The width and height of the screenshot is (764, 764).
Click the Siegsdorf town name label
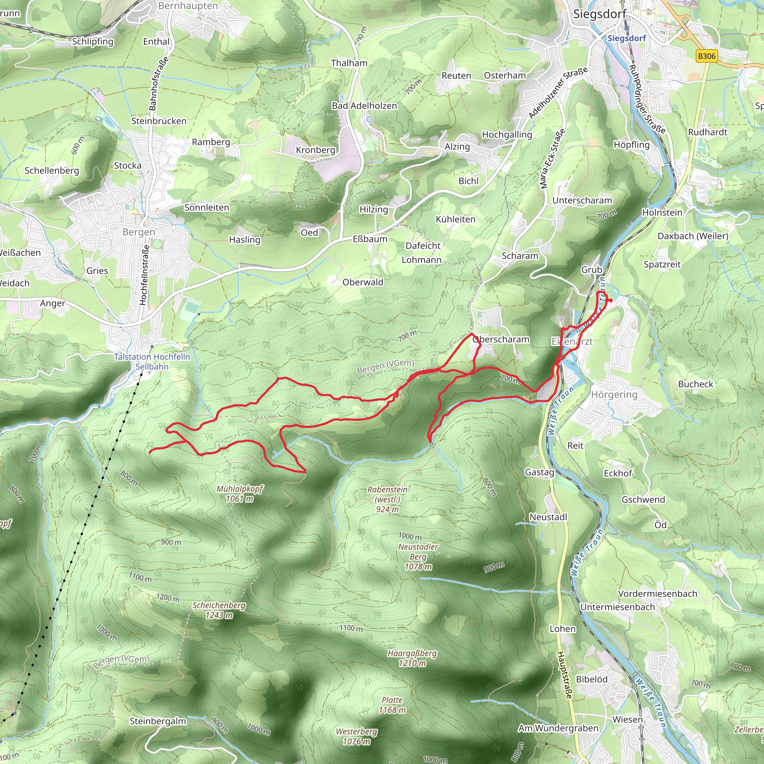tap(599, 14)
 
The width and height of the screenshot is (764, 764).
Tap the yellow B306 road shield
tap(706, 56)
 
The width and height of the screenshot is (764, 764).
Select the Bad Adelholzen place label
tap(364, 106)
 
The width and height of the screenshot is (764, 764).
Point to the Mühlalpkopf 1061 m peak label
tap(239, 494)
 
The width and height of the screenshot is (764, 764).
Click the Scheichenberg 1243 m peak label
tap(219, 610)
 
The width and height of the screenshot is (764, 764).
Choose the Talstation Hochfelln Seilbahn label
tap(152, 361)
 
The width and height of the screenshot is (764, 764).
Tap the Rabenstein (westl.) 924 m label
tap(387, 499)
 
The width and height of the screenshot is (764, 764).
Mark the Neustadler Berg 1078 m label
tap(418, 556)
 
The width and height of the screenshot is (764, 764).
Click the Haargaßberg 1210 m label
tap(412, 658)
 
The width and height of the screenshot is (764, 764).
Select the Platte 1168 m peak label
tap(392, 705)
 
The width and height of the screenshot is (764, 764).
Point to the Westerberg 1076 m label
tap(356, 736)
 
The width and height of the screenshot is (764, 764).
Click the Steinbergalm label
tap(158, 721)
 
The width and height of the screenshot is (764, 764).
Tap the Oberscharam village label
tap(501, 339)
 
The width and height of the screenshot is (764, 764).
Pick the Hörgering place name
tap(614, 394)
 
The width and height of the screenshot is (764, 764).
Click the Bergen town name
tap(139, 232)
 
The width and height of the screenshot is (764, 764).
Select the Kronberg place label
tap(316, 150)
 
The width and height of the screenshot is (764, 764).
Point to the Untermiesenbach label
tap(617, 607)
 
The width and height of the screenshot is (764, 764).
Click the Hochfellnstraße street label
tap(145, 275)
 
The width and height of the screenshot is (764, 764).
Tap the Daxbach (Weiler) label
tap(693, 236)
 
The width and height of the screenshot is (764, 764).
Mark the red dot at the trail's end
tap(611, 301)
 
